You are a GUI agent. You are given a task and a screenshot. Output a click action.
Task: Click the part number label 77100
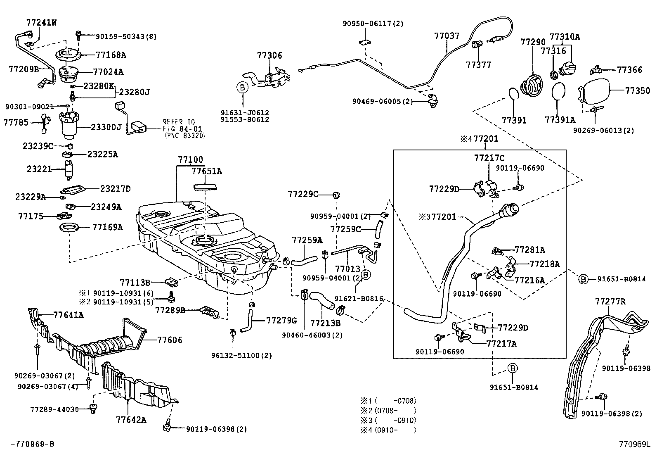pos(190,159)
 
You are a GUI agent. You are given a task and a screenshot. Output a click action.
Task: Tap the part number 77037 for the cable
pos(447,36)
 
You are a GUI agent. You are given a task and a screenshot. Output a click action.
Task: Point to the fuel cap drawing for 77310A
pos(568,69)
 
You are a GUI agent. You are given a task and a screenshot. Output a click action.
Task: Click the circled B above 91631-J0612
pos(242,87)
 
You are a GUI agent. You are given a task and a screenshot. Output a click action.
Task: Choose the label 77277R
pos(610,302)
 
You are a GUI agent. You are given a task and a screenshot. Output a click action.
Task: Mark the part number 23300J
pos(106,127)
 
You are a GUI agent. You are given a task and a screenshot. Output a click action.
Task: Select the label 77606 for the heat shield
pos(169,340)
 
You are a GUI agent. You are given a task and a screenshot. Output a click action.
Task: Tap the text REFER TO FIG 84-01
pos(179,126)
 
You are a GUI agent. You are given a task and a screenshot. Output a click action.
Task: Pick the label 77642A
pos(131,420)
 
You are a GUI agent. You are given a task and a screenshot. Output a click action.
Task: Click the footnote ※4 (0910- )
pos(388,430)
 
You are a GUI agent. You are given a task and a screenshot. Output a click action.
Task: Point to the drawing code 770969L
pos(634,444)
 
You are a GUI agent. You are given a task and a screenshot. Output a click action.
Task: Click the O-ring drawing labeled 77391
pos(512,93)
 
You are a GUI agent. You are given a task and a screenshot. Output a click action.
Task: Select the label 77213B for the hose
pos(325,323)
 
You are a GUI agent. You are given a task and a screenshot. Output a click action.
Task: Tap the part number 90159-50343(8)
pos(126,36)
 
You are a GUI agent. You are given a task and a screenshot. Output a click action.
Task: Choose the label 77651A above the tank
pos(206,171)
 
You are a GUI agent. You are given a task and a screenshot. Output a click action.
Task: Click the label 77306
pos(269,55)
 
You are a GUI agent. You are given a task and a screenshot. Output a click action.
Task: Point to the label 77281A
pos(529,250)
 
